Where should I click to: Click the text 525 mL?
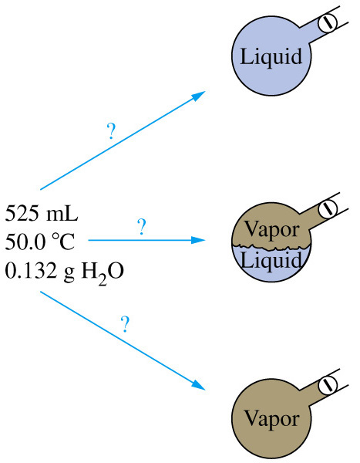pos(42,213)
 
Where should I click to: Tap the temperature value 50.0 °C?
pos(40,242)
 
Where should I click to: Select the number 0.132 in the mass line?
pos(31,270)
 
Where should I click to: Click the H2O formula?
pos(103,272)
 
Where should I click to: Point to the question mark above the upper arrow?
pos(111,131)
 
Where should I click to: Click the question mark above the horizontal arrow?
pos(142,227)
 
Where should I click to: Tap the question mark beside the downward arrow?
pos(125,324)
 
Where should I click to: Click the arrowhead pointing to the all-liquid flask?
pos(198,96)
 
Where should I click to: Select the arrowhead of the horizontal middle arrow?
pos(198,240)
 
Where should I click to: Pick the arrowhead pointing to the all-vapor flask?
pos(198,385)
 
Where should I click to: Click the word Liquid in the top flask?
pos(271,56)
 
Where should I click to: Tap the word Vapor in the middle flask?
pos(272,230)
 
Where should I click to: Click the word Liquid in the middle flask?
pos(271,260)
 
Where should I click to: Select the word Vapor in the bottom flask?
pos(272,419)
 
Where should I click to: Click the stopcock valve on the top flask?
pos(328,22)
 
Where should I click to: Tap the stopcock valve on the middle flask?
pos(328,208)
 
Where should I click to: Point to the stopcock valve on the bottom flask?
pos(328,384)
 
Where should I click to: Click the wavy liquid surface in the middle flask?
pos(271,248)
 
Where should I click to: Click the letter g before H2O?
pos(69,273)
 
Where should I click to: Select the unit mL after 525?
pos(62,213)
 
